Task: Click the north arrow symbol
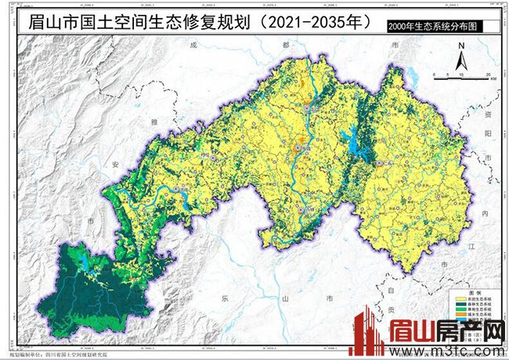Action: [x=462, y=56]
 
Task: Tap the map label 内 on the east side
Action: [x=484, y=213]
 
